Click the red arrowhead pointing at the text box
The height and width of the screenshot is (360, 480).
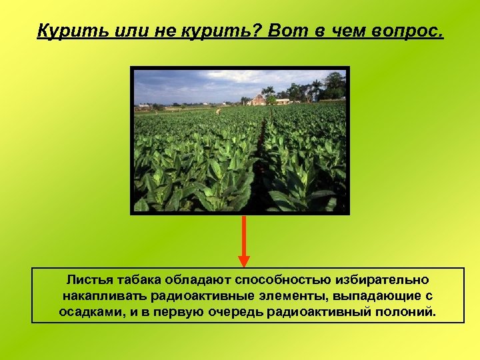click(x=244, y=260)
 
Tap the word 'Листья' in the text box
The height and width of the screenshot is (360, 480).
click(x=89, y=280)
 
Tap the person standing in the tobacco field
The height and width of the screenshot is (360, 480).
click(x=217, y=111)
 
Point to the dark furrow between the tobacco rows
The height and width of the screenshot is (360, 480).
click(x=262, y=153)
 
